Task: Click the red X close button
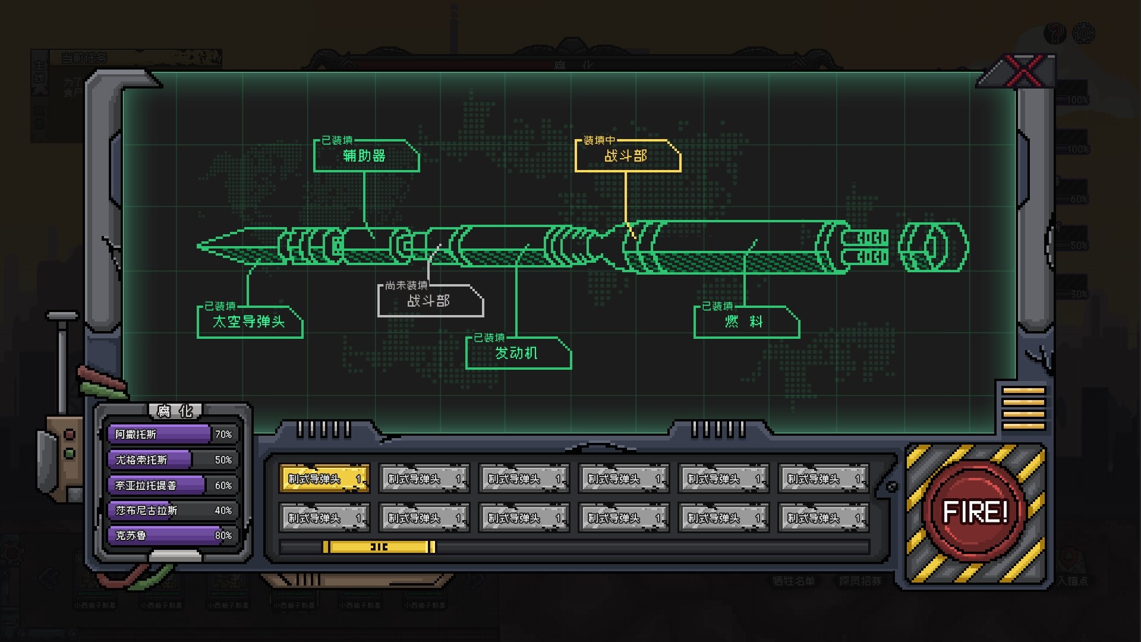coord(1023,71)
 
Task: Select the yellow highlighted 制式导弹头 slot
coord(324,479)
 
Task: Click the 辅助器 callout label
coord(365,156)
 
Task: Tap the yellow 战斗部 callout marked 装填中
coord(626,156)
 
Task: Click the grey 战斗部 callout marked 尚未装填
coord(429,301)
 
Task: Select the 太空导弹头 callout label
coord(250,322)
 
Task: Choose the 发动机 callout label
coord(517,353)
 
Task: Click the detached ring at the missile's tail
coord(932,246)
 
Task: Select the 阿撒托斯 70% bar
coord(173,435)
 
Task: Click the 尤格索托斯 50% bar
coord(173,460)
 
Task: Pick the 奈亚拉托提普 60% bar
coord(173,486)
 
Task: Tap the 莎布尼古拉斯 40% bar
coord(173,511)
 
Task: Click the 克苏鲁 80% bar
coord(173,536)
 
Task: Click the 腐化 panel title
coord(175,411)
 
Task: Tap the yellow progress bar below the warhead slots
coord(379,547)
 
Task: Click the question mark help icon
coord(1055,33)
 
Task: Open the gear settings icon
coord(1084,33)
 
